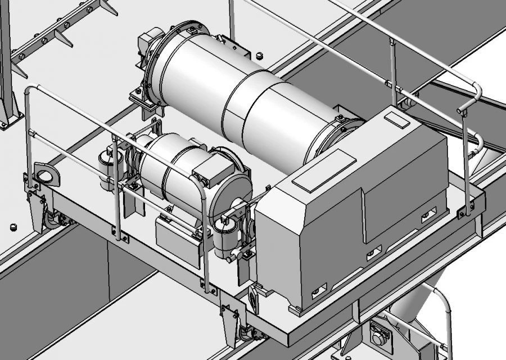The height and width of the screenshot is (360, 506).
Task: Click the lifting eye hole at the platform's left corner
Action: click(x=46, y=175)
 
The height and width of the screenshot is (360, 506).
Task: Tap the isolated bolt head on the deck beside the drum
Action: click(x=259, y=56)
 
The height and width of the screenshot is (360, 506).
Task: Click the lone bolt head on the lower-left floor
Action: click(x=12, y=226)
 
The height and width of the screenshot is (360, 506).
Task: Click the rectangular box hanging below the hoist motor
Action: click(x=178, y=239)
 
